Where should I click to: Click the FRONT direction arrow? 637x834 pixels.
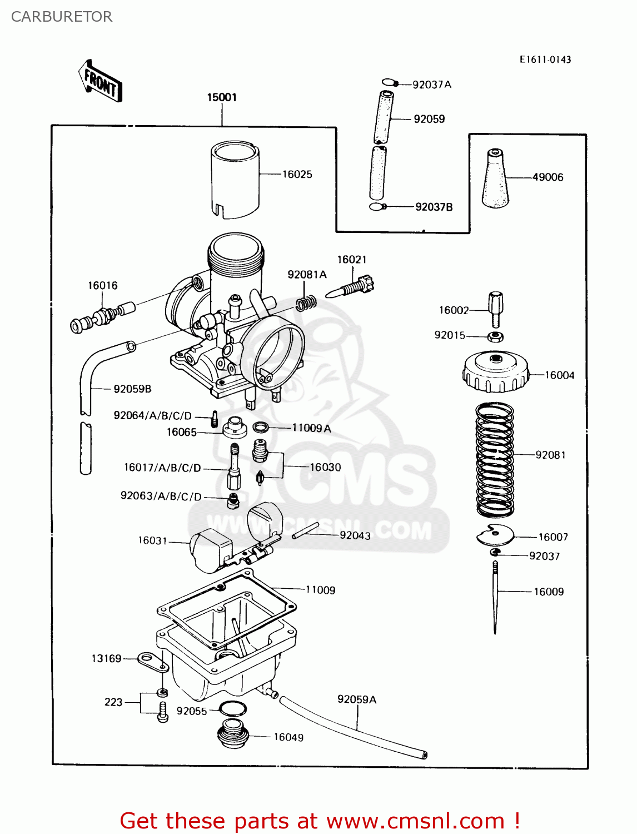point(101,82)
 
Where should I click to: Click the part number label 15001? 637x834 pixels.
point(222,97)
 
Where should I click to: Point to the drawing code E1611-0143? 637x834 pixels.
point(545,59)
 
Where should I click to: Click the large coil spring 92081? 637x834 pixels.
point(495,459)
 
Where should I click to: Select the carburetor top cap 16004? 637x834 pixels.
point(495,371)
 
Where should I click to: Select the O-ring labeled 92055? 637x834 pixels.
point(232,709)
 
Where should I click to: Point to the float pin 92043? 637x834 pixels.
point(305,530)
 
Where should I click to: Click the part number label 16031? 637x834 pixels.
point(152,540)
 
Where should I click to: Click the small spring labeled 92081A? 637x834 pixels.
point(306,303)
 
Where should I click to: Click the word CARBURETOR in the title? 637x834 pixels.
point(62,17)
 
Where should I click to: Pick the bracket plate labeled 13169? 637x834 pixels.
point(149,660)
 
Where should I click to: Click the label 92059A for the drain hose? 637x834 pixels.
point(356,699)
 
